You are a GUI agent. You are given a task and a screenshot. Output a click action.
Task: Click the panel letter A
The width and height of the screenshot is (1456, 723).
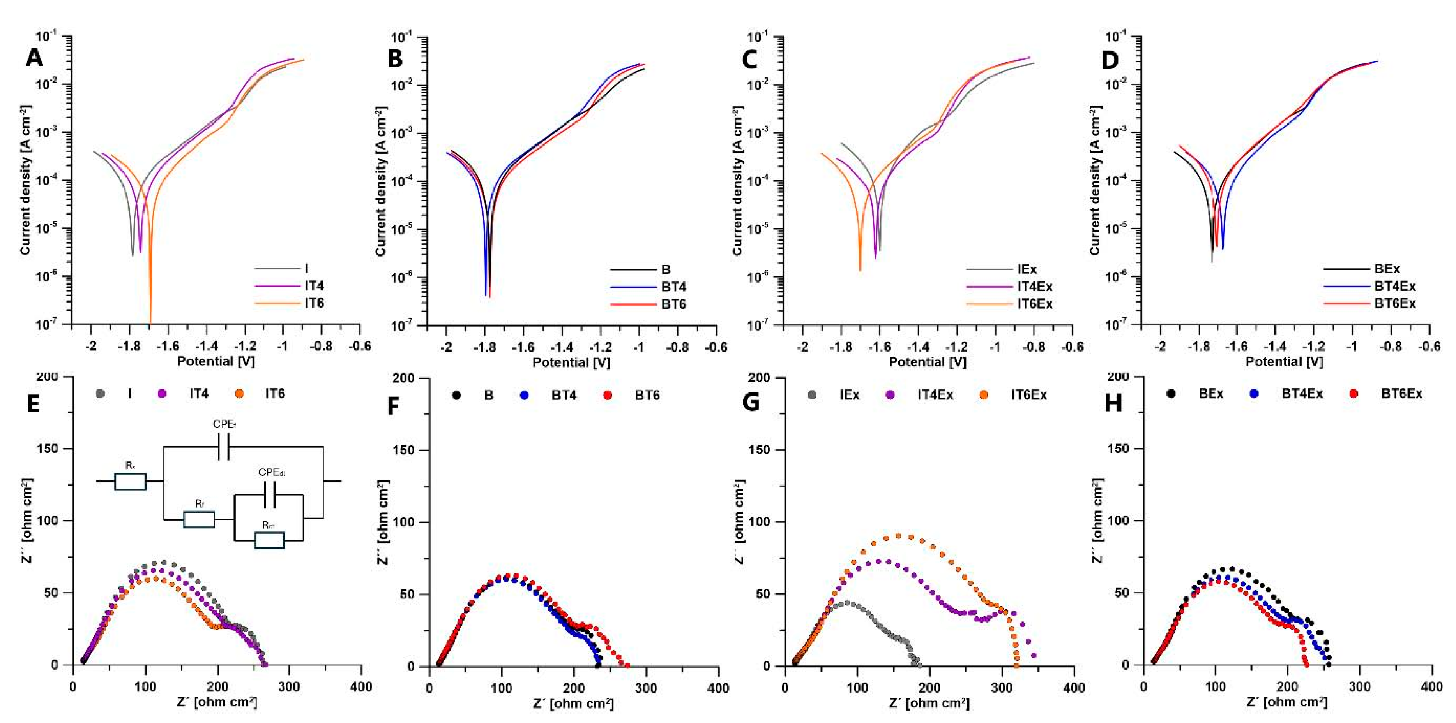click(x=34, y=58)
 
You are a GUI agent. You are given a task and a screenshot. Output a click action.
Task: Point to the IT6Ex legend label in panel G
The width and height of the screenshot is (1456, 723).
click(x=1029, y=395)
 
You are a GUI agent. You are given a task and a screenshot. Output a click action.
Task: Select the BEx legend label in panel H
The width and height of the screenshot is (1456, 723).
click(x=1211, y=394)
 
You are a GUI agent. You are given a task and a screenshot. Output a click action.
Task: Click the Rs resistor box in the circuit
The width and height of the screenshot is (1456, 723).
click(x=131, y=481)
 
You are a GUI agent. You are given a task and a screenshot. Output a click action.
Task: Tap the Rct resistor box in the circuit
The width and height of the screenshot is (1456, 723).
click(x=269, y=540)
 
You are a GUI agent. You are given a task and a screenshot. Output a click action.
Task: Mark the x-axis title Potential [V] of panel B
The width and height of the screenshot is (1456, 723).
click(x=571, y=362)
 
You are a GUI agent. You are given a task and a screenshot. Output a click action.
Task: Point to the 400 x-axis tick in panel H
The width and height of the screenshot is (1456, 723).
click(x=1432, y=687)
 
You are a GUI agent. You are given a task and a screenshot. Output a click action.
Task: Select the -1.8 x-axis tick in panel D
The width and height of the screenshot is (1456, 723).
click(x=1198, y=346)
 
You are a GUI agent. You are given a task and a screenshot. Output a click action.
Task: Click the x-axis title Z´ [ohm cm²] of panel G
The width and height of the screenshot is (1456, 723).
click(x=930, y=703)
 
